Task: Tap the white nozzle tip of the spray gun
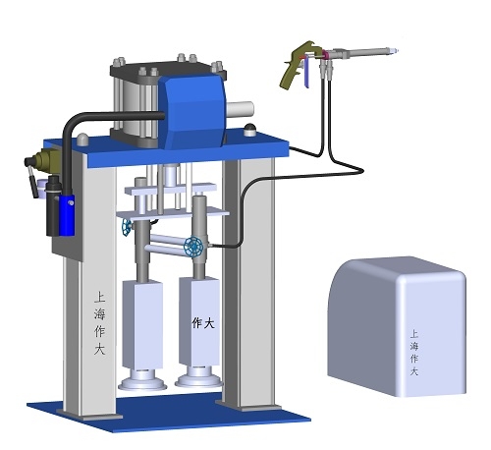pyautogui.click(x=395, y=51)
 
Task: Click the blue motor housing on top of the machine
pyautogui.click(x=195, y=110)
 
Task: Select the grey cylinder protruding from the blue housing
pyautogui.click(x=241, y=109)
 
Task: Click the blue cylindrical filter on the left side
pyautogui.click(x=67, y=214)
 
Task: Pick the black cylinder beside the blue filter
pyautogui.click(x=53, y=205)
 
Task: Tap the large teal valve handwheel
pyautogui.click(x=193, y=247)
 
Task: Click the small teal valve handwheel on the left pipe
pyautogui.click(x=126, y=227)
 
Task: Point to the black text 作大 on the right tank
pyautogui.click(x=203, y=323)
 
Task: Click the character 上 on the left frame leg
pyautogui.click(x=99, y=297)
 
